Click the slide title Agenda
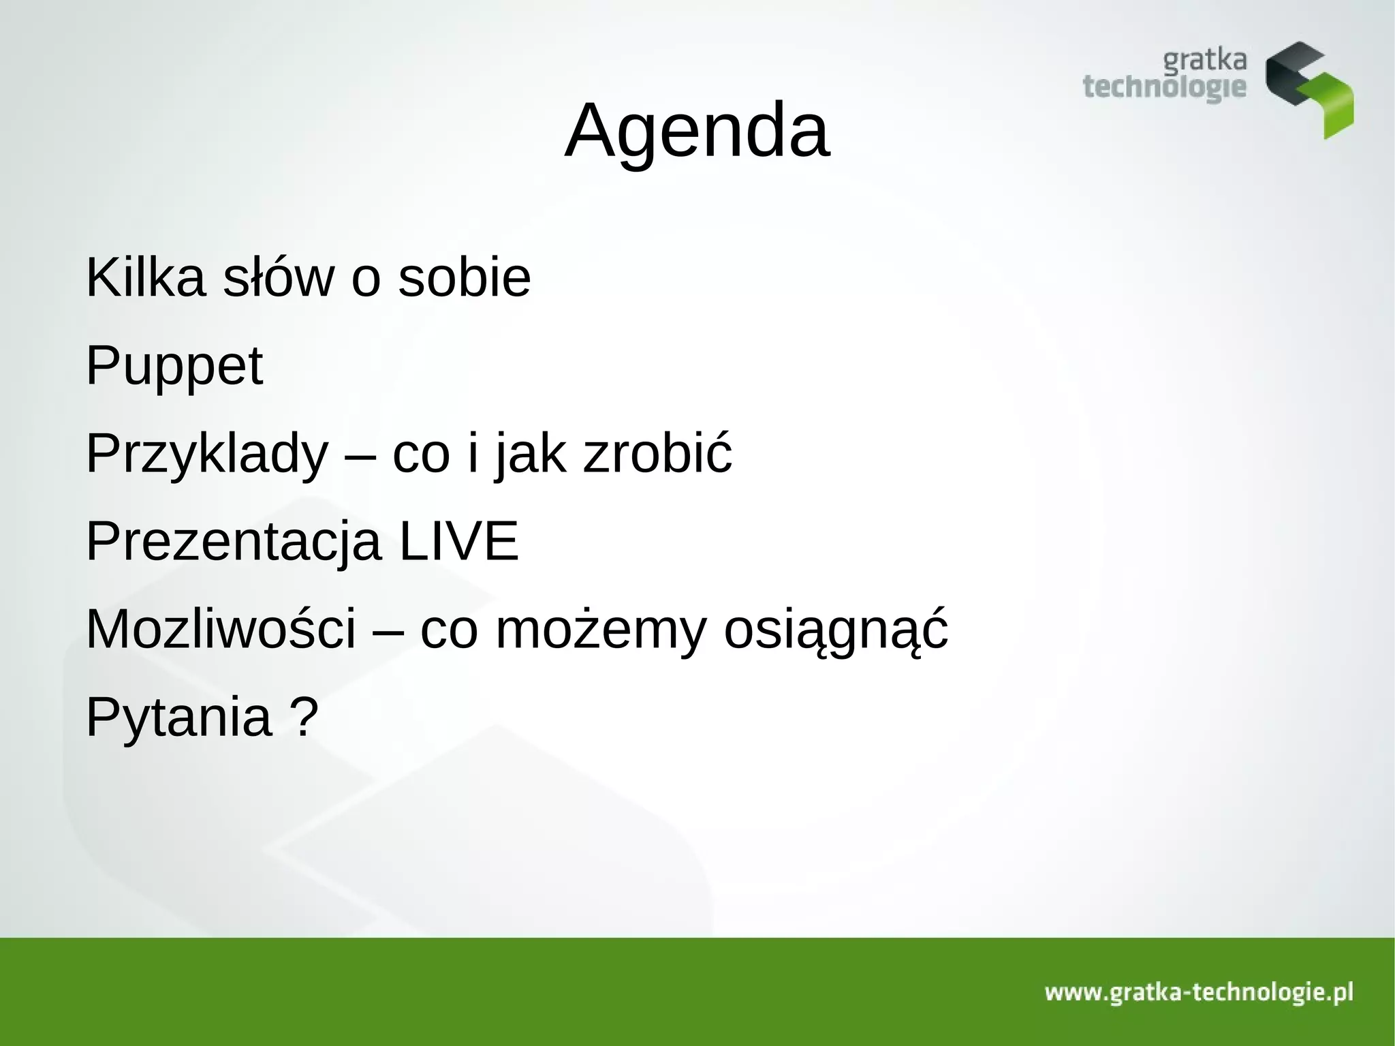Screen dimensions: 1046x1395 point(697,130)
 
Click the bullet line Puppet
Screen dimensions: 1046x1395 point(174,366)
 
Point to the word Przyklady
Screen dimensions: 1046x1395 point(206,454)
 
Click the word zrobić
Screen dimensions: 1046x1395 point(657,454)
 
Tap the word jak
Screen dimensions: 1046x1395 point(530,455)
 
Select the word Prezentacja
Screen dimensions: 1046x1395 point(233,542)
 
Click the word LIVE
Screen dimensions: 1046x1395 point(458,542)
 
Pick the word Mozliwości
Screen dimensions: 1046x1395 point(221,629)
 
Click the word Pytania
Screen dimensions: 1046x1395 point(178,717)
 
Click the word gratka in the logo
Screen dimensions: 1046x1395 point(1204,61)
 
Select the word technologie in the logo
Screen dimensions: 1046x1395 point(1164,89)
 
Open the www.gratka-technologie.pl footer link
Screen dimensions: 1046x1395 point(1199,992)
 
